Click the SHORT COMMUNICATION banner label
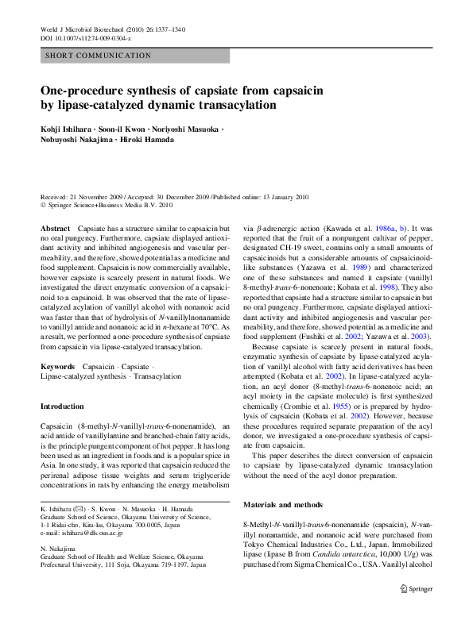tap(99, 56)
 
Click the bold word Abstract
tap(55, 228)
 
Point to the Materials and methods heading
tap(283, 504)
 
